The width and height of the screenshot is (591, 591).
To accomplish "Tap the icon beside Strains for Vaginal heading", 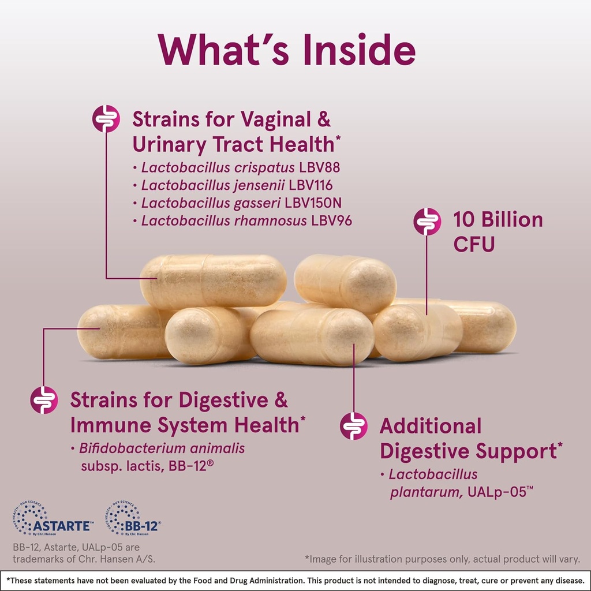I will (x=106, y=119).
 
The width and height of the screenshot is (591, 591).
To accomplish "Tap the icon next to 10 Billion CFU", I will (x=428, y=221).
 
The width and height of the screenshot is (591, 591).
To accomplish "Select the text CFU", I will (x=474, y=244).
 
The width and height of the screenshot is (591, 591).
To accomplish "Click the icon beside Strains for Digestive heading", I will (x=44, y=400).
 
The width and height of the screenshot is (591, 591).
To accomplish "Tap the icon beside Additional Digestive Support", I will (x=353, y=426).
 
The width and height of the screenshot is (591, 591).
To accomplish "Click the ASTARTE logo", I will (x=52, y=519).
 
